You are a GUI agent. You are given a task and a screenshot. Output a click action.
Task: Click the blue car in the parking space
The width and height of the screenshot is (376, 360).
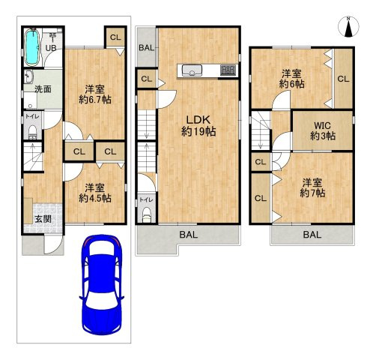[102, 285]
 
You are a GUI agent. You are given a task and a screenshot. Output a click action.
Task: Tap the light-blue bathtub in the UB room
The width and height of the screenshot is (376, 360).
[32, 47]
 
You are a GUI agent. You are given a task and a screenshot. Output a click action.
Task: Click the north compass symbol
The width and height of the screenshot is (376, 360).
[348, 27]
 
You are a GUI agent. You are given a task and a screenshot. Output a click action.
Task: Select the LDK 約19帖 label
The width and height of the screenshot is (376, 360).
[198, 126]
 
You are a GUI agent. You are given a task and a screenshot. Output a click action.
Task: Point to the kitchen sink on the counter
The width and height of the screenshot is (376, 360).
[192, 70]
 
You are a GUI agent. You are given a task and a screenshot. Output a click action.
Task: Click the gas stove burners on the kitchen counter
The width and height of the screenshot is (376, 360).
[228, 70]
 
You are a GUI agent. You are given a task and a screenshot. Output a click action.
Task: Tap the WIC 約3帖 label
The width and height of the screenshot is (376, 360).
[323, 130]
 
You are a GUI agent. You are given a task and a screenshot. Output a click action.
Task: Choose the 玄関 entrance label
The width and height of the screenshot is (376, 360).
[43, 219]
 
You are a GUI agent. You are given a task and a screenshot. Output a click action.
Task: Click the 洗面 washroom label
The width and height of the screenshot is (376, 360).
[43, 88]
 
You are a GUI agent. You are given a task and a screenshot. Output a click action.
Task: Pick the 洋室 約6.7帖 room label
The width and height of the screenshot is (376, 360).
[95, 94]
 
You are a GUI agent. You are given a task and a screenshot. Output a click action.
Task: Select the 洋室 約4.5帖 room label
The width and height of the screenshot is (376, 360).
[95, 193]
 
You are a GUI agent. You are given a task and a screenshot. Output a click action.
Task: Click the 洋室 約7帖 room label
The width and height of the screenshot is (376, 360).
[312, 187]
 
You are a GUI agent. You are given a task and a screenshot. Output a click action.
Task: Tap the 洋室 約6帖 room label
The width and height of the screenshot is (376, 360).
[291, 79]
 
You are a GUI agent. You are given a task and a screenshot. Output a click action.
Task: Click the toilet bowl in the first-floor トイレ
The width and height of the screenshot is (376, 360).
[32, 132]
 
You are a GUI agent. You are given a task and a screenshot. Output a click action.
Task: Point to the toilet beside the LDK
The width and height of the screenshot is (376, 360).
[147, 215]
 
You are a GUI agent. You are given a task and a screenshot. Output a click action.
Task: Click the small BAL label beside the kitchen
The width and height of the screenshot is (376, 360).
[146, 47]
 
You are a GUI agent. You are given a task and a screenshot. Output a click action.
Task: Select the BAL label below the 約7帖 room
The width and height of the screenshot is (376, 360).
[312, 235]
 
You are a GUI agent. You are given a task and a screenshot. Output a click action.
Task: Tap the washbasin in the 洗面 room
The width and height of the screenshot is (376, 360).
[29, 76]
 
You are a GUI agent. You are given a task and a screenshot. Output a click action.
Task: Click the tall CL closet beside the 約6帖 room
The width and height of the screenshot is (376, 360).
[343, 79]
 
